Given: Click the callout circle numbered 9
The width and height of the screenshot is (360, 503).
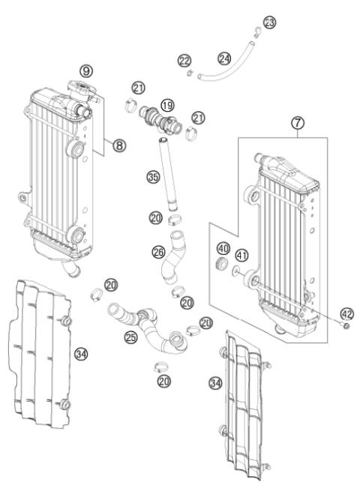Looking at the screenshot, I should pyautogui.click(x=88, y=70).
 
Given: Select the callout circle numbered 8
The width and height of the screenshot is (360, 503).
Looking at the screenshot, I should pyautogui.click(x=118, y=147).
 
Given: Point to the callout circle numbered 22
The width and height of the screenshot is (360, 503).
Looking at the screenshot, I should pyautogui.click(x=183, y=59).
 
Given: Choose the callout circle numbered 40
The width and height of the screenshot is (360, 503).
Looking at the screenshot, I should pyautogui.click(x=223, y=248).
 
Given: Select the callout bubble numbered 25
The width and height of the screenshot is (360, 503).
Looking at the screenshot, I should pyautogui.click(x=131, y=338).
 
